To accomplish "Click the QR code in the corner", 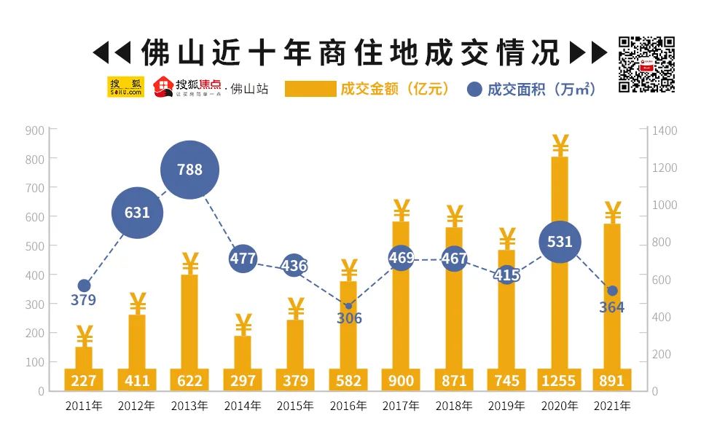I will [646, 64].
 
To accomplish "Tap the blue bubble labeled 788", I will [189, 170].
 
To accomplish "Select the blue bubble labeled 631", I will [137, 213].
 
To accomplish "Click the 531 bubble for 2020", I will [560, 242].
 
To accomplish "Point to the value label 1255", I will [560, 381].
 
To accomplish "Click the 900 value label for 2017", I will [402, 381].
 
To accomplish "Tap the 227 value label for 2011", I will [85, 381].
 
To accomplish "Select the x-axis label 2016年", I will [348, 406].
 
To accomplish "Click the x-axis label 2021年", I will [612, 406].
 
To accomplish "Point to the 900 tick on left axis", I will [36, 130].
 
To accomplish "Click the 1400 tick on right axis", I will [664, 130].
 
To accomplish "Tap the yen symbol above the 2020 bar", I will [560, 145].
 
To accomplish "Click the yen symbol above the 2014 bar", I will [243, 324].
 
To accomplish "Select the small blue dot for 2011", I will [84, 286].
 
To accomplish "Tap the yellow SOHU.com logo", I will [125, 87].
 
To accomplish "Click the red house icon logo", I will [164, 87].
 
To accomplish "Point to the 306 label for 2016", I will [349, 318].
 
